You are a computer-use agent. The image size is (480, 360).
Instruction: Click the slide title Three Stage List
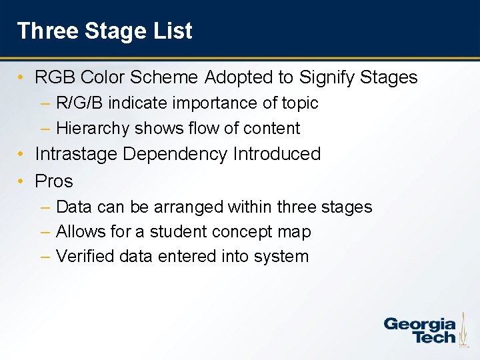(x=105, y=31)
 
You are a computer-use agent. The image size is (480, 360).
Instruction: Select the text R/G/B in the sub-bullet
(x=79, y=103)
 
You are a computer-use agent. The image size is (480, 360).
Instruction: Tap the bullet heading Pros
(x=54, y=181)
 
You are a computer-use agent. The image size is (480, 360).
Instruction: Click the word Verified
(x=83, y=257)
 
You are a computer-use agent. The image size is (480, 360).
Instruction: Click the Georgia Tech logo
(x=420, y=330)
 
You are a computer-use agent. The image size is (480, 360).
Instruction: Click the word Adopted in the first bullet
(x=239, y=78)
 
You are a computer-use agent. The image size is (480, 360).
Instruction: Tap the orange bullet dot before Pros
(x=22, y=181)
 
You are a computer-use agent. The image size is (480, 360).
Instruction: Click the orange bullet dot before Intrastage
(x=22, y=154)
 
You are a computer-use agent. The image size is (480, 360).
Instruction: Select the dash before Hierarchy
(x=45, y=128)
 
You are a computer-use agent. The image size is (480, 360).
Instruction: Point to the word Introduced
(x=277, y=154)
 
